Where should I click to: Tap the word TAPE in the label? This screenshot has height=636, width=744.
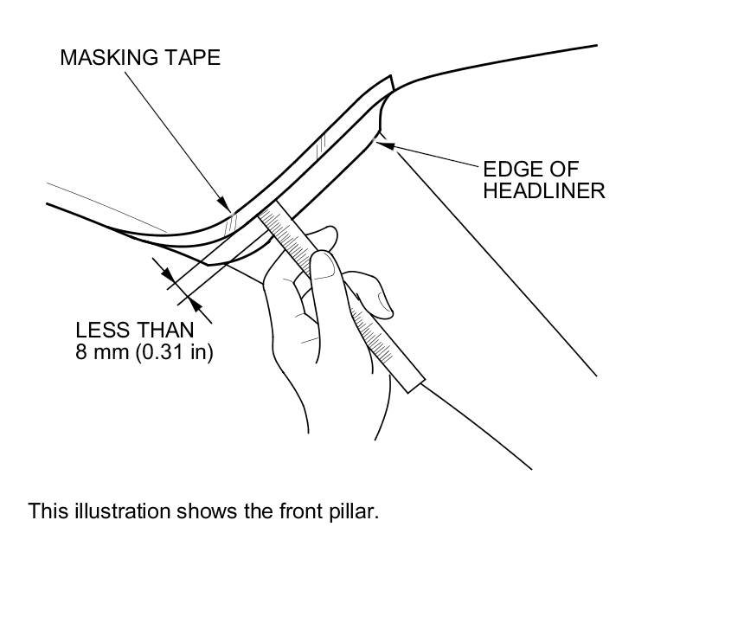[196, 58]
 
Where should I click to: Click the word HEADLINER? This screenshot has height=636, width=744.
[543, 191]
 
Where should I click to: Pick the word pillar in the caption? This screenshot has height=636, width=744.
[355, 511]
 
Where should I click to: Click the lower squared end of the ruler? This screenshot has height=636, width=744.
[413, 382]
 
